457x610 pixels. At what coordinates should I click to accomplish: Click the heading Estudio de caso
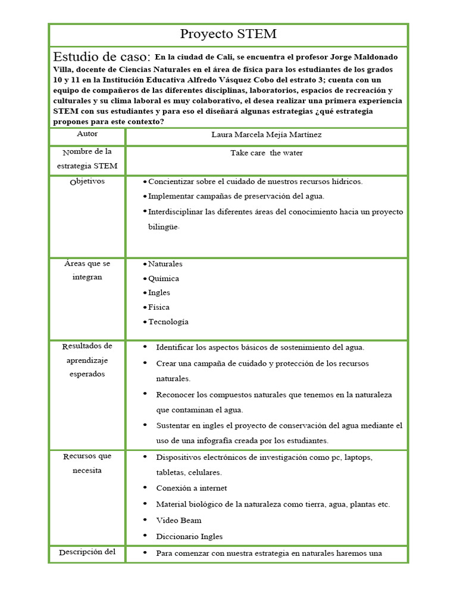pyautogui.click(x=101, y=57)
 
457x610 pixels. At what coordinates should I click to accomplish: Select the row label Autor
pyautogui.click(x=87, y=135)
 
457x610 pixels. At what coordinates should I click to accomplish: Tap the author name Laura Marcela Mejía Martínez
pyautogui.click(x=266, y=135)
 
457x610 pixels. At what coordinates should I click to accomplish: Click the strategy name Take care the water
pyautogui.click(x=266, y=153)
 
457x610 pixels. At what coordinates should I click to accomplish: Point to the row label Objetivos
pyautogui.click(x=87, y=181)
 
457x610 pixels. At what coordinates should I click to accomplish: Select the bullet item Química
pyautogui.click(x=163, y=278)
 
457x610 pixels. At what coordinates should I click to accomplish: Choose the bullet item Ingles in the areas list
pyautogui.click(x=159, y=292)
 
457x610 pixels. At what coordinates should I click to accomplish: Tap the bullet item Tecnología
pyautogui.click(x=168, y=322)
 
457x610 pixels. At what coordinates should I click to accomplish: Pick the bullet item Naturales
pyautogui.click(x=165, y=264)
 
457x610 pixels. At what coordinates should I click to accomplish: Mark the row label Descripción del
pyautogui.click(x=87, y=552)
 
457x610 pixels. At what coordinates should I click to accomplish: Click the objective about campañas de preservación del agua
pyautogui.click(x=236, y=196)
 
